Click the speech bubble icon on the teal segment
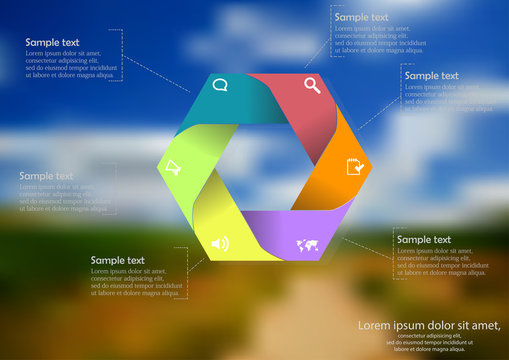coord(220,86)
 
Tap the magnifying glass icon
coord(312,85)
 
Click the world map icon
coord(307,245)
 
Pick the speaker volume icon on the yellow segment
coord(220,243)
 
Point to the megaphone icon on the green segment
coord(174,167)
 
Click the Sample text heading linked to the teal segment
coord(53,43)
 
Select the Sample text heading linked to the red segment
coord(362,17)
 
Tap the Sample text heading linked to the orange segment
coord(432,75)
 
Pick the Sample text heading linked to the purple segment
coord(423,240)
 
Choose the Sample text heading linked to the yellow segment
coord(118,260)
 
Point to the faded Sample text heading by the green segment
coord(46,176)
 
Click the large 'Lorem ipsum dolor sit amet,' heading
coord(428,325)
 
